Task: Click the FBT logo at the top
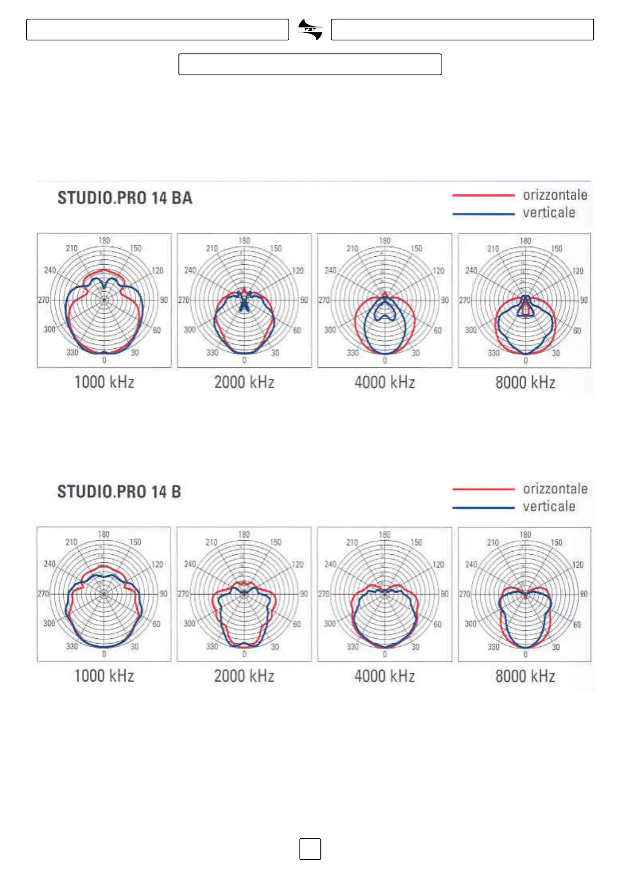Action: [310, 30]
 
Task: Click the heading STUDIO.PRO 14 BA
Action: [125, 198]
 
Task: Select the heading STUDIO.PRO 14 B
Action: [119, 492]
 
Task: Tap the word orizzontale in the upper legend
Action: [555, 195]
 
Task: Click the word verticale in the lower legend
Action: [549, 506]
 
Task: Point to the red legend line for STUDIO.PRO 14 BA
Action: [483, 195]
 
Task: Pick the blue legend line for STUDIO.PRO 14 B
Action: [483, 507]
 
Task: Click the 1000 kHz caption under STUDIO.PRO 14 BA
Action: [104, 382]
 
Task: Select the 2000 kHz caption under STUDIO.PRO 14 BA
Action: [244, 382]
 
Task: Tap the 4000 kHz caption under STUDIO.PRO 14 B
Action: [385, 676]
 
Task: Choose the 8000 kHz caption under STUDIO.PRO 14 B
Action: [525, 676]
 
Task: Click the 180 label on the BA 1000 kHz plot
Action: [104, 241]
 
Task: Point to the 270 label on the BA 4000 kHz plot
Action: [324, 300]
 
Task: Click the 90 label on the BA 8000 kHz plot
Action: [584, 300]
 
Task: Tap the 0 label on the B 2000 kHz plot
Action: [244, 654]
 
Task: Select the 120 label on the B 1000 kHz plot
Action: [157, 564]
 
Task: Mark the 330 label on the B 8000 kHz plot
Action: [493, 647]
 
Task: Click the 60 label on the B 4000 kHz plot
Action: [437, 624]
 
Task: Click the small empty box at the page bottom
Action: [310, 849]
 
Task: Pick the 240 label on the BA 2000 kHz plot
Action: [190, 270]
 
